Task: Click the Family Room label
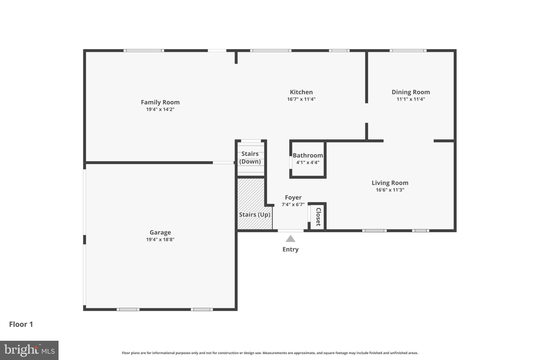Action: tap(160, 102)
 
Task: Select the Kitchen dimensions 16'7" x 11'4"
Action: tap(301, 99)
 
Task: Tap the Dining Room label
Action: tap(411, 92)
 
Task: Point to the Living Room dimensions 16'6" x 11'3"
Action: tap(390, 190)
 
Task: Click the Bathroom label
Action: tap(308, 155)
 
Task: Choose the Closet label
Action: tap(318, 217)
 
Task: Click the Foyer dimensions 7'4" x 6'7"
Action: tap(293, 204)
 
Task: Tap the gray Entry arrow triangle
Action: tap(290, 239)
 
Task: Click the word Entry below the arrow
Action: tap(290, 249)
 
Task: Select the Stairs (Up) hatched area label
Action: tap(254, 215)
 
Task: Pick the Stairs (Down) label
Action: tap(250, 157)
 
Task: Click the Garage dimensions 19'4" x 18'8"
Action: tap(160, 239)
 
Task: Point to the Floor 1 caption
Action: tap(21, 324)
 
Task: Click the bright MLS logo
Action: tap(29, 350)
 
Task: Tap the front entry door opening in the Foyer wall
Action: tap(290, 231)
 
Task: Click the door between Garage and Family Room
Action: tap(223, 163)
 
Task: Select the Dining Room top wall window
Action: tap(408, 51)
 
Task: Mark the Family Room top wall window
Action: tap(144, 51)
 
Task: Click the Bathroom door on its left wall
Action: tap(291, 162)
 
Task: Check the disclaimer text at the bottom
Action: tap(270, 353)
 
